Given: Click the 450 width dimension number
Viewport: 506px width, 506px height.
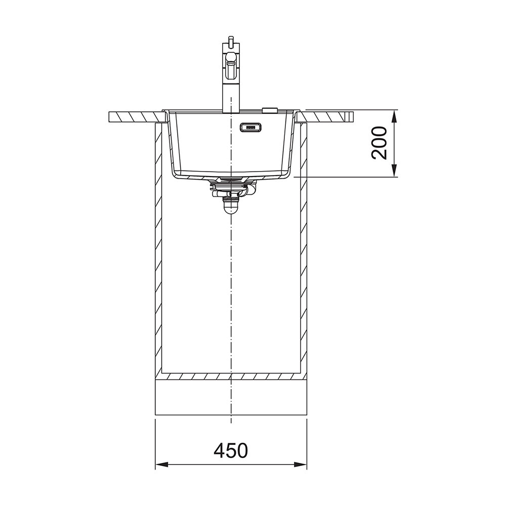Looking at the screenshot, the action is pos(231,450).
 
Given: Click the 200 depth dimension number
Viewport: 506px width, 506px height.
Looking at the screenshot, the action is pos(379,143).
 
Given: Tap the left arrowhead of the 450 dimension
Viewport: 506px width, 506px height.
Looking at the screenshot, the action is pos(162,465).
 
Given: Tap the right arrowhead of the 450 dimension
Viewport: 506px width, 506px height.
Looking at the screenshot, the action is pos(300,465).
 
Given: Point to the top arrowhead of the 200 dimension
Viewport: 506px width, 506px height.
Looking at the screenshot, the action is pos(394,116).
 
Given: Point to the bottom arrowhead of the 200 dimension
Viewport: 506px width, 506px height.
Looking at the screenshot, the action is pos(394,171).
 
